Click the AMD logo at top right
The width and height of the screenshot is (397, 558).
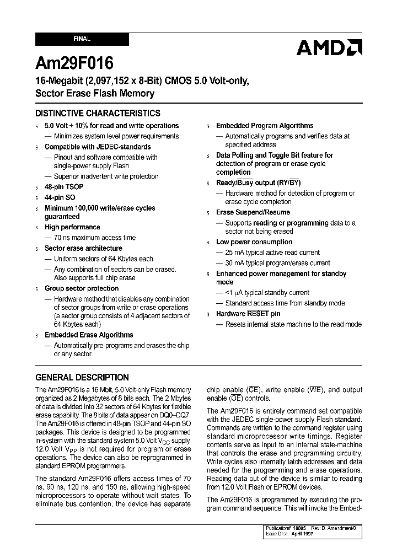pos(329,48)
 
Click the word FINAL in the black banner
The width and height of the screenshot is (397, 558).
pos(82,39)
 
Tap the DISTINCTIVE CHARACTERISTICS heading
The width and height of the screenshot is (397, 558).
pos(98,114)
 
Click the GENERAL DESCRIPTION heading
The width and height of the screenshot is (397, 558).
pos(82,378)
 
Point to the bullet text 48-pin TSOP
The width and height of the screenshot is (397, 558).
pos(64,187)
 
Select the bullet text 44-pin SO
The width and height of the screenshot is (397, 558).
pos(60,197)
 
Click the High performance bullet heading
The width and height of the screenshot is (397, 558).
pos(72,227)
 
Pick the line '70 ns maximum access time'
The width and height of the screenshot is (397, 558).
pos(94,238)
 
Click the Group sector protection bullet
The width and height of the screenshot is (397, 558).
pos(82,288)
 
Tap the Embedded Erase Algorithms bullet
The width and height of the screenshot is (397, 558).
pos(89,335)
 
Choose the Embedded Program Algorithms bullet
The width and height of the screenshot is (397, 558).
pos(265,126)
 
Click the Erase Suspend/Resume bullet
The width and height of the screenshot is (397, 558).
pos(253,212)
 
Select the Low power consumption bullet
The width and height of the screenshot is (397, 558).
pos(254,242)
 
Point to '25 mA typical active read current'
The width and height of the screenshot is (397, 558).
pos(272,253)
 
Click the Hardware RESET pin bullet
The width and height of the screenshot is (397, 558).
pos(248,314)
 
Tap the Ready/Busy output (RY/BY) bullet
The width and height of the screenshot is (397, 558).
pos(258,183)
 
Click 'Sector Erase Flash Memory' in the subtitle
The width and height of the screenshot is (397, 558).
pos(95,93)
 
